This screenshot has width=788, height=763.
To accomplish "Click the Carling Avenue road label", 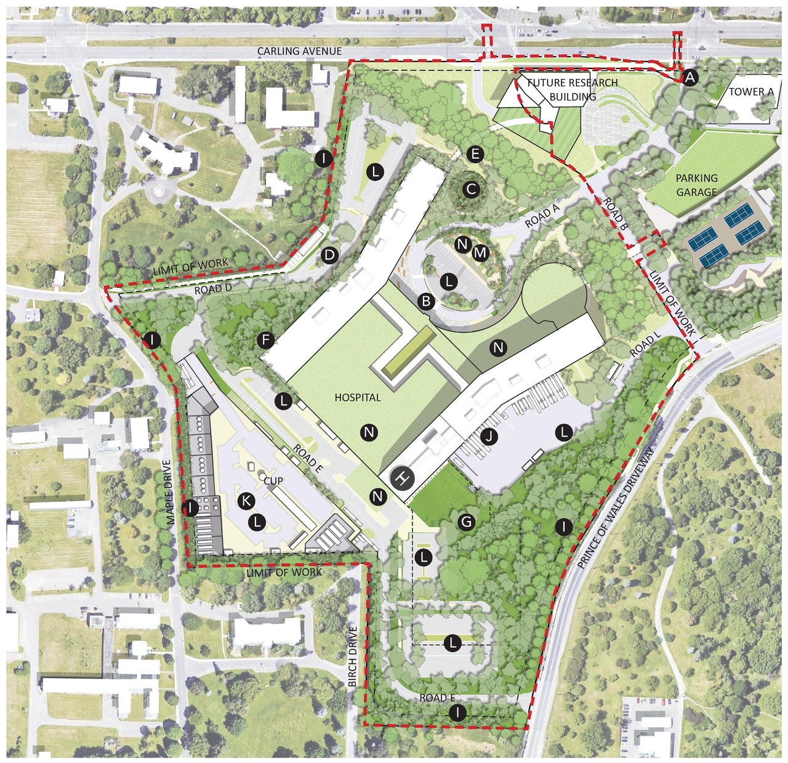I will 299,52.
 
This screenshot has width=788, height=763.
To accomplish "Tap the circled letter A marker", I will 689,78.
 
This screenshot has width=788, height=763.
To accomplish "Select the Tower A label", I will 751,92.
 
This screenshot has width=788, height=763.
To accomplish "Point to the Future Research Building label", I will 573,90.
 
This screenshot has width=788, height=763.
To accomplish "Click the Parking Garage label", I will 697,185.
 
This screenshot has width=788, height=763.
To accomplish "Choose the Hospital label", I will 358,398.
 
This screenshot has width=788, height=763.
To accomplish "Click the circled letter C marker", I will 472,190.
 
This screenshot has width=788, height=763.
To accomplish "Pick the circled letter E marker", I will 475,154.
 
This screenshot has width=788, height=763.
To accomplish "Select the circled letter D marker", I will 330,255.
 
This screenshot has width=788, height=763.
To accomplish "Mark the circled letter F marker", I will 266,339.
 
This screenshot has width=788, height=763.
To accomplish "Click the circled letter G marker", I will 467,523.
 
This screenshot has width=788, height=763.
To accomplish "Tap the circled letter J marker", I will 489,437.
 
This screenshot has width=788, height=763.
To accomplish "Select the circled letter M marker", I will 481,252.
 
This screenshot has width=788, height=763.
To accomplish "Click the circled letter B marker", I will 425,302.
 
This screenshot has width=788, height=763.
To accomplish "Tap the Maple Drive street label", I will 171,493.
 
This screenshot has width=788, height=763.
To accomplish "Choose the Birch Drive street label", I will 353,656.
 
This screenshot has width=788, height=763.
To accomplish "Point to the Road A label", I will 542,217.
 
